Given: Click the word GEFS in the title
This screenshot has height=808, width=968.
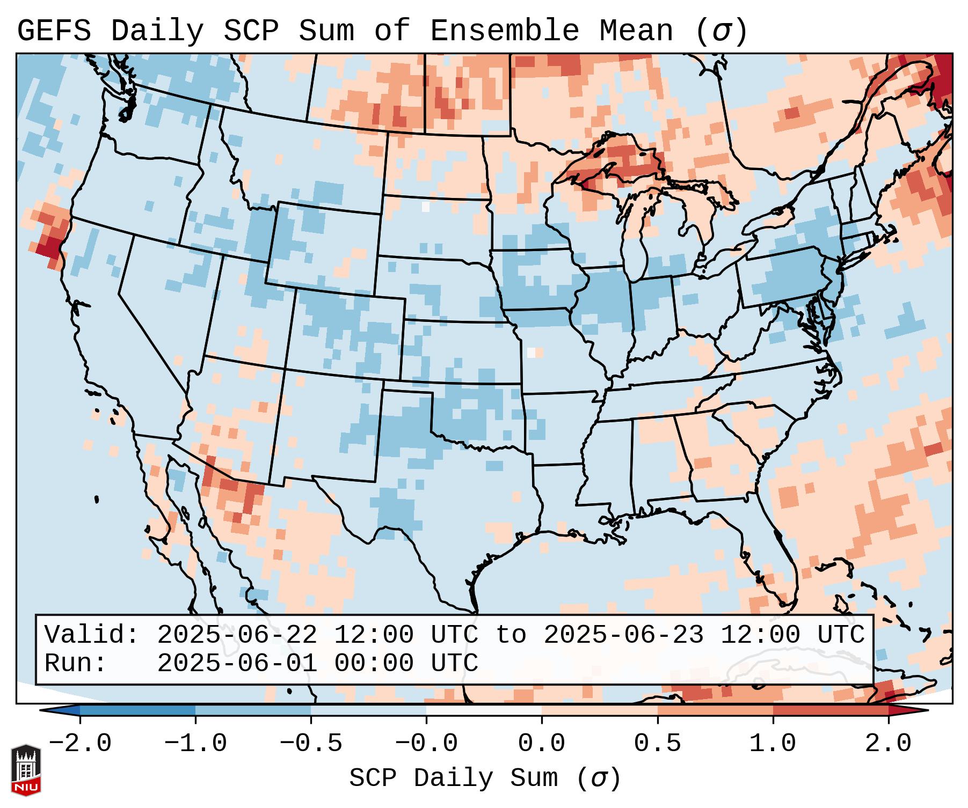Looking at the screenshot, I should [x=54, y=31].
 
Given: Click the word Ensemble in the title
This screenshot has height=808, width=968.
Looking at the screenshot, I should [x=505, y=31].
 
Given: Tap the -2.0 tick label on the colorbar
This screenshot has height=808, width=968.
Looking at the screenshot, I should [x=80, y=744].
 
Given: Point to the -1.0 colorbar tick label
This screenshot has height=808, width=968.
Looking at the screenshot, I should [x=195, y=744].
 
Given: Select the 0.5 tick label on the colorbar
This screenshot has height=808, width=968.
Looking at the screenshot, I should [x=657, y=744].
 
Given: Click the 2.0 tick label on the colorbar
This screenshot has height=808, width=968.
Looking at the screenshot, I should [x=888, y=744].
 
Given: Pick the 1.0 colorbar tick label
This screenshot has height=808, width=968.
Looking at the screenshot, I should [x=773, y=744].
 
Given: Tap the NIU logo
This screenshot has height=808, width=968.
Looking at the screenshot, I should [x=26, y=770].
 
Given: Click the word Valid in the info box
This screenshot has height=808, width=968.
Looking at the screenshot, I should [x=91, y=635].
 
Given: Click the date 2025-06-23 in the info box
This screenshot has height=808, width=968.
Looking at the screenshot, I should [x=623, y=635].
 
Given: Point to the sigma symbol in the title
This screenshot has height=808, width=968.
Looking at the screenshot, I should [x=721, y=31].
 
